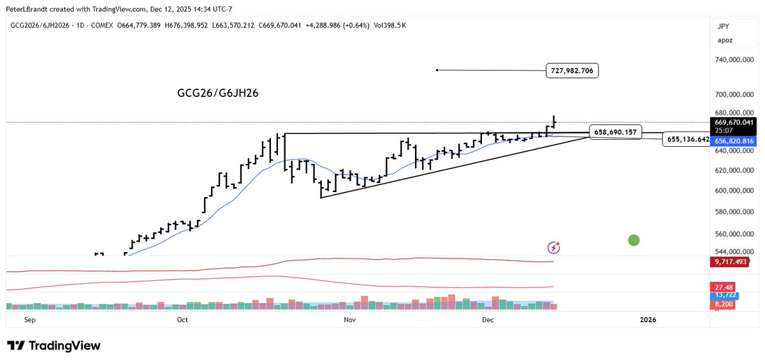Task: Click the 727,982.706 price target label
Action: (573, 71)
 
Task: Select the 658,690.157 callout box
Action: (616, 131)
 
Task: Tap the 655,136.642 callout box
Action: (686, 139)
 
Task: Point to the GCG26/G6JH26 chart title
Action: (217, 93)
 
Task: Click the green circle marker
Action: (633, 240)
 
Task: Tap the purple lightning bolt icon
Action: (555, 247)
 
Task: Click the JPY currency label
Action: (724, 27)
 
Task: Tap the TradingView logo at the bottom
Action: (54, 346)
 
